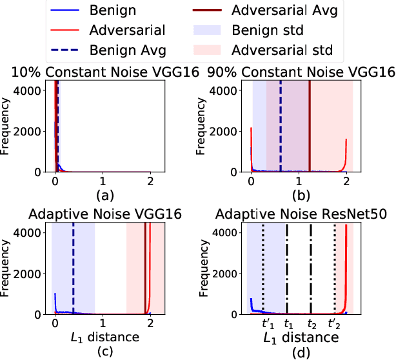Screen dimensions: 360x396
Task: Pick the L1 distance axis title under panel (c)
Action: [x=103, y=337]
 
